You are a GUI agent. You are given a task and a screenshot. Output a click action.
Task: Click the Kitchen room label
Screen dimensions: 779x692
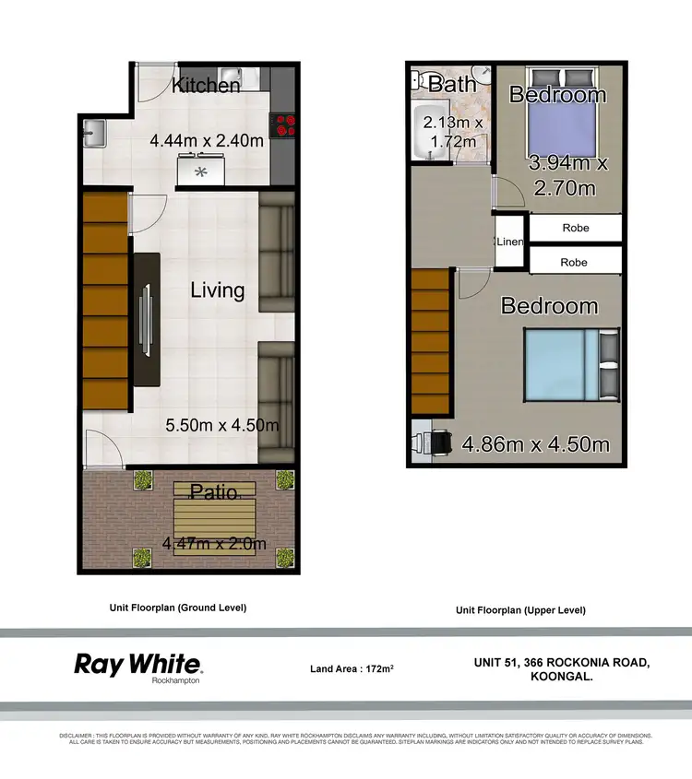pyautogui.click(x=206, y=86)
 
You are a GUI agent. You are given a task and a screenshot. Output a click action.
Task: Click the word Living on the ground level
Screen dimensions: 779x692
pyautogui.click(x=218, y=290)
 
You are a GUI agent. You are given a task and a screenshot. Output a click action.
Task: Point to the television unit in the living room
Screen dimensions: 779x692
pyautogui.click(x=147, y=318)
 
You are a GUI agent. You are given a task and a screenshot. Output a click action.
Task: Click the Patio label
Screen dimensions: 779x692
pyautogui.click(x=213, y=490)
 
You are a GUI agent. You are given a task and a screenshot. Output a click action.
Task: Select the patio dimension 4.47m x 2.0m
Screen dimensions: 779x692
pyautogui.click(x=214, y=544)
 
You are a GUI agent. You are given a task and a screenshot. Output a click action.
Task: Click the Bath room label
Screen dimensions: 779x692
pyautogui.click(x=453, y=84)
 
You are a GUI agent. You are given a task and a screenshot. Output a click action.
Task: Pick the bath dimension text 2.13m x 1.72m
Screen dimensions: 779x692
pyautogui.click(x=449, y=132)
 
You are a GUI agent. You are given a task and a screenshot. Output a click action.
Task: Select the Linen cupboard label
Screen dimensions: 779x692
pyautogui.click(x=510, y=242)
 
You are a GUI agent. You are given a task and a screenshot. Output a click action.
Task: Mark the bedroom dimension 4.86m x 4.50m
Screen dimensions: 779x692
pyautogui.click(x=535, y=443)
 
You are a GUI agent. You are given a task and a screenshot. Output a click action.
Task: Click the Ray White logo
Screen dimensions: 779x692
pyautogui.click(x=138, y=666)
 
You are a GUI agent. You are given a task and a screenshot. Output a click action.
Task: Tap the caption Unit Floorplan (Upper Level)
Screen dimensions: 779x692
pyautogui.click(x=520, y=610)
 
